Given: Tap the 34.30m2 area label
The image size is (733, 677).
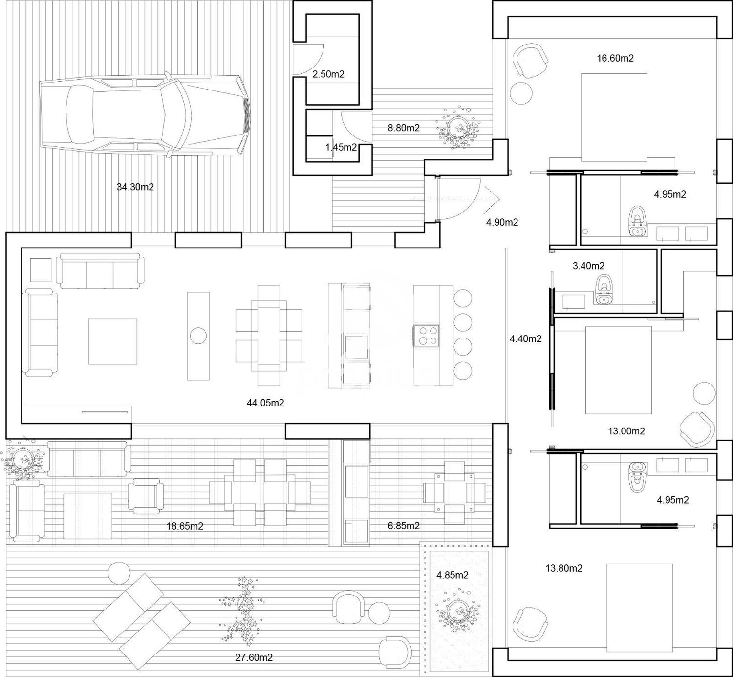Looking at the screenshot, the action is click(x=135, y=187).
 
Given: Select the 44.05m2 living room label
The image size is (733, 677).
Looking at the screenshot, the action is click(x=265, y=403).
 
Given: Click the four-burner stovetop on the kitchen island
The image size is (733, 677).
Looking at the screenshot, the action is click(x=427, y=336).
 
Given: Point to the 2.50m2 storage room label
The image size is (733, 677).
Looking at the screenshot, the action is click(x=328, y=74).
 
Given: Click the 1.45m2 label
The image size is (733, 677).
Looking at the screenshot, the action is click(x=341, y=147).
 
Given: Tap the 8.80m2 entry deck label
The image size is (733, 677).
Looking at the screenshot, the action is click(x=404, y=128).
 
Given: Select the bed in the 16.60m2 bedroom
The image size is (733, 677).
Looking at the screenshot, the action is click(x=614, y=117).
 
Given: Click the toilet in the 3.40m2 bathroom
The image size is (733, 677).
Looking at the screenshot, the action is click(x=604, y=290).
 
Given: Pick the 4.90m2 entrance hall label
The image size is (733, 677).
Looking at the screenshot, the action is click(x=502, y=222).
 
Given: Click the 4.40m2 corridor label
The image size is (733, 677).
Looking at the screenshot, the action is click(x=526, y=338).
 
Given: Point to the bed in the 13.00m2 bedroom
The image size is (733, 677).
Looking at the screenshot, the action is click(x=618, y=370).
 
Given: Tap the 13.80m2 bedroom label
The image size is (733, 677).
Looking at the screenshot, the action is click(x=564, y=568).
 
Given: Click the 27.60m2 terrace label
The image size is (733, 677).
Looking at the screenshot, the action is click(x=254, y=657).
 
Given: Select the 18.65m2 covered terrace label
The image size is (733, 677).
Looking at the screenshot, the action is click(x=185, y=526).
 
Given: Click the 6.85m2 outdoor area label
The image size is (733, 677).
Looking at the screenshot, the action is click(x=404, y=525).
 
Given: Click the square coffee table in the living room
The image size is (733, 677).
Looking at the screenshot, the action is click(x=112, y=341).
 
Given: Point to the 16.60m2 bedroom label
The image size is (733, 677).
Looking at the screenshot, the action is click(x=615, y=58).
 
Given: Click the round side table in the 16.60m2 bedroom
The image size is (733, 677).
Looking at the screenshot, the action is click(x=521, y=93).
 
